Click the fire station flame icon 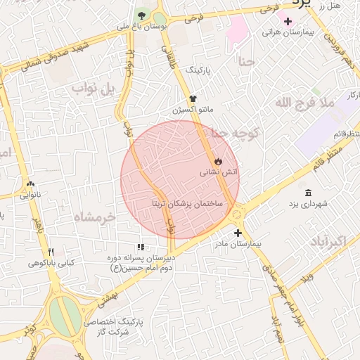[x=219, y=161]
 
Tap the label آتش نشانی [x=219, y=172]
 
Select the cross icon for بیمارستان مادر [x=238, y=233]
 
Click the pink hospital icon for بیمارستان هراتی [x=288, y=21]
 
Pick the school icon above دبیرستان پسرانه [x=141, y=247]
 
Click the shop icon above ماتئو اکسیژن [x=193, y=99]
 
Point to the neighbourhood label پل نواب [x=96, y=89]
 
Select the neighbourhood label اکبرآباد [x=327, y=242]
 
